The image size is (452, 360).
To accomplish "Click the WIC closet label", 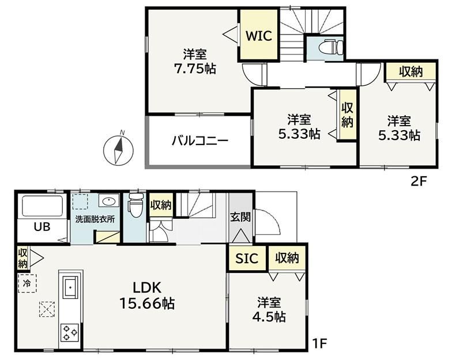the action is click(258, 36).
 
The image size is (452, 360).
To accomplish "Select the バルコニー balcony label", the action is click(199, 141).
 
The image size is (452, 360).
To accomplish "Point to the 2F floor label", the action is click(419, 181).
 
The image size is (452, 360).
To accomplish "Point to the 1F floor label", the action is click(320, 343).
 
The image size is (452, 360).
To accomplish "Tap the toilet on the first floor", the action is click(136, 204).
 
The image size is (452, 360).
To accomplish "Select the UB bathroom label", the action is click(42, 227).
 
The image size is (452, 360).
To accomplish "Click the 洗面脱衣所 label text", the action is click(95, 219).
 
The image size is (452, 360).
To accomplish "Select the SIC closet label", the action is click(247, 258).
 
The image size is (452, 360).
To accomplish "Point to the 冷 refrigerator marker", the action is click(27, 283).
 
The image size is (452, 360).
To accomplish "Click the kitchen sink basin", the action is click(69, 287).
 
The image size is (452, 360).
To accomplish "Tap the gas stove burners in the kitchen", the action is click(69, 332).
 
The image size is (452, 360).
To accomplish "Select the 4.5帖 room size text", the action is click(269, 317).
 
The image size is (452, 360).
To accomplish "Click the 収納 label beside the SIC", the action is click(287, 257).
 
